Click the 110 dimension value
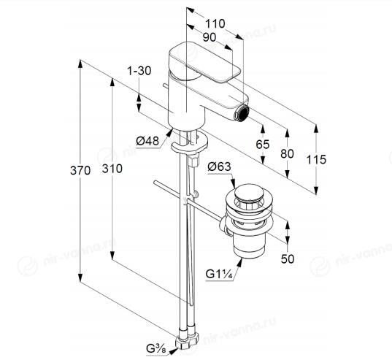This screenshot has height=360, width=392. tap(215, 24)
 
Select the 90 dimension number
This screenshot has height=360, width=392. tap(210, 37)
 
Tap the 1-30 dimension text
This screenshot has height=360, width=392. tap(139, 71)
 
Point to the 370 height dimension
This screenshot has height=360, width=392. tap(80, 170)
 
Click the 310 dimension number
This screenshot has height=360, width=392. tap(112, 169)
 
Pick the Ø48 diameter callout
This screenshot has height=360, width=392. tap(147, 141)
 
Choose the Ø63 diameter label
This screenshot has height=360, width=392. tap(219, 166)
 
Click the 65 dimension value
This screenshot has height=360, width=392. tap(263, 145)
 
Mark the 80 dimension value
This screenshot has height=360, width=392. tap(287, 153)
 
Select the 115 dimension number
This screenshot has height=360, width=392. tap(316, 159)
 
